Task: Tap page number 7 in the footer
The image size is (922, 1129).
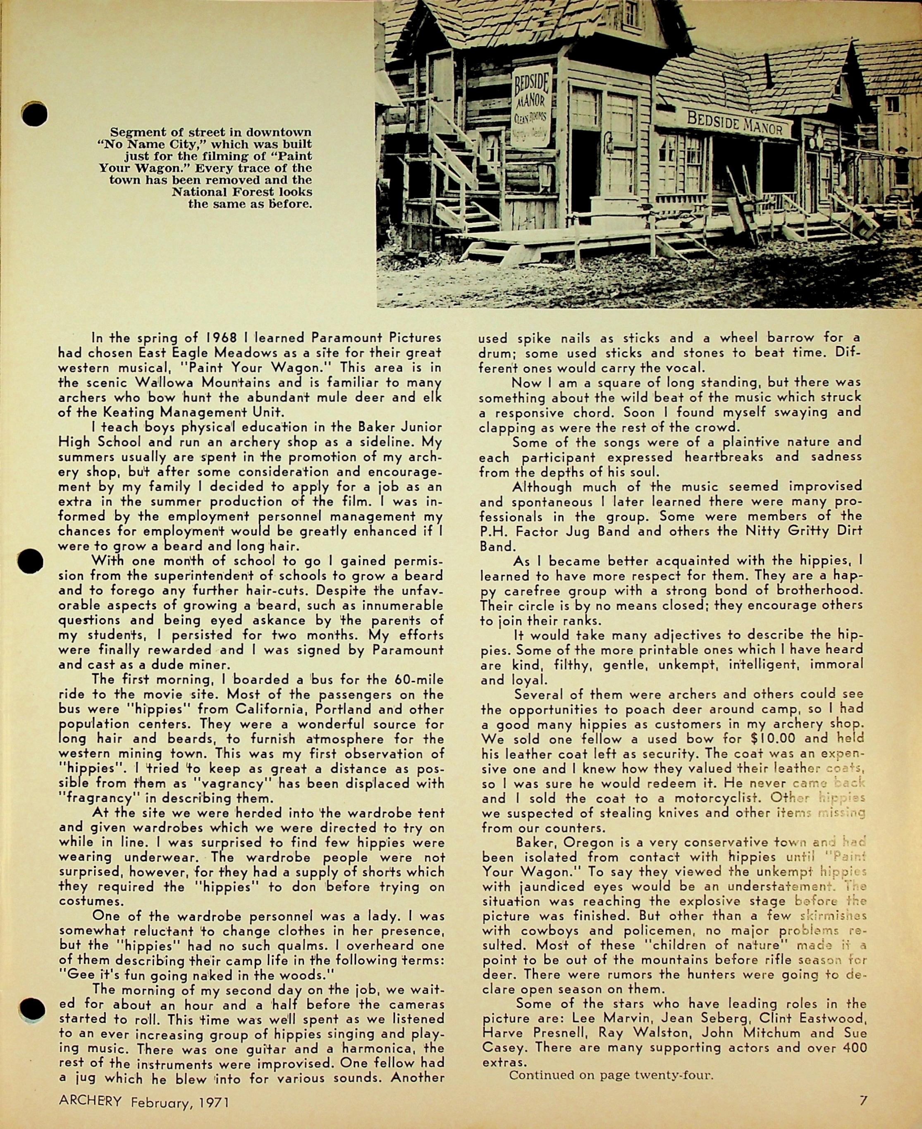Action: pyautogui.click(x=863, y=1101)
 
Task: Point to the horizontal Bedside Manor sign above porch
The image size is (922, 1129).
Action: pyautogui.click(x=736, y=123)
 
